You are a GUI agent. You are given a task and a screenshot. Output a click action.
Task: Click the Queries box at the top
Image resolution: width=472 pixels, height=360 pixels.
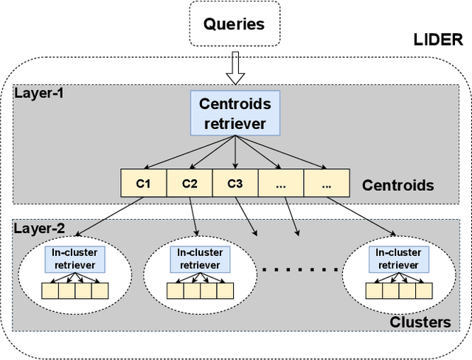[235, 24]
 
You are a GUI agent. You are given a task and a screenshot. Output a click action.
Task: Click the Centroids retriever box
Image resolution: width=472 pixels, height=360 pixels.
[235, 114]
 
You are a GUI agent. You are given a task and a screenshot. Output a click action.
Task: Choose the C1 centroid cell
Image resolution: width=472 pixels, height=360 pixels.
[144, 183]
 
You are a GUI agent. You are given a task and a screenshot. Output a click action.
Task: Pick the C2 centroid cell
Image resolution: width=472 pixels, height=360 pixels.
[190, 183]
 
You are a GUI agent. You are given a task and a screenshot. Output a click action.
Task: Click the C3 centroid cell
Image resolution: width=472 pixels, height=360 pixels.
[235, 183]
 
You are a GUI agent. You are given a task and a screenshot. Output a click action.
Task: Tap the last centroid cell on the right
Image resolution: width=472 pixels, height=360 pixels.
[326, 183]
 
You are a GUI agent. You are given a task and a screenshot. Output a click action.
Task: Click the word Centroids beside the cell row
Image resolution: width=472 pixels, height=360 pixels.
[398, 185]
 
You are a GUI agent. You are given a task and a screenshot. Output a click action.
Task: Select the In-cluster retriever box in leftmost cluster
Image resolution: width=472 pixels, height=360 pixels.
[76, 258]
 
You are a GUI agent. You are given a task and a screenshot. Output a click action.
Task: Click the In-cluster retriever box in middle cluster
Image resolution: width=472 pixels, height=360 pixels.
[201, 258]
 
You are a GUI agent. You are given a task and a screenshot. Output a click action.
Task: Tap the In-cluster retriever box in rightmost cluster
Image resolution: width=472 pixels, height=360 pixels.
[398, 258]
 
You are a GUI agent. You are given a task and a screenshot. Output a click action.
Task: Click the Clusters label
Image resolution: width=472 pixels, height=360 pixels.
[421, 322]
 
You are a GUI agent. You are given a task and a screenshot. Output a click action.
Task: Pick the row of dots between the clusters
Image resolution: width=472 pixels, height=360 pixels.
[299, 269]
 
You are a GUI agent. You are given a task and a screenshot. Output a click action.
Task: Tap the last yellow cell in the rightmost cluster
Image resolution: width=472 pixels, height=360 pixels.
[424, 291]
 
